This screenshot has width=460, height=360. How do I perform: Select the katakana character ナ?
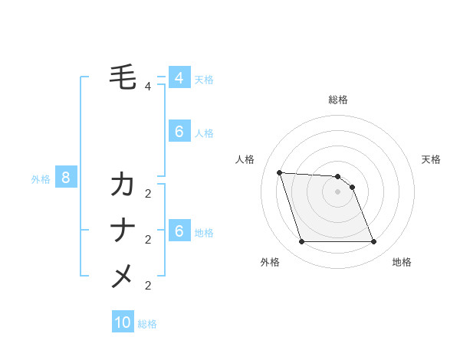[123, 231]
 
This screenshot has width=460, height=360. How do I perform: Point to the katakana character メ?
[123, 276]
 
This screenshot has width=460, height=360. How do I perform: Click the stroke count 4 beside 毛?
[148, 87]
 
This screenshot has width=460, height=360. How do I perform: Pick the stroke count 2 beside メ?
[148, 286]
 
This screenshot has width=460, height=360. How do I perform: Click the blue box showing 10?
[123, 322]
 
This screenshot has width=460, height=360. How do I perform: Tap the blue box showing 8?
[66, 178]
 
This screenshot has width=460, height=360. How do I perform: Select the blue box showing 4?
[179, 78]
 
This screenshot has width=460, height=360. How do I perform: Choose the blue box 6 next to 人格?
[179, 132]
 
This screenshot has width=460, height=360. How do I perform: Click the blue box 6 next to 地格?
[179, 231]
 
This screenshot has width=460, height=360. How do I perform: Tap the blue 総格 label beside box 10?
[147, 324]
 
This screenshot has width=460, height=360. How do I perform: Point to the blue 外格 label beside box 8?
[41, 179]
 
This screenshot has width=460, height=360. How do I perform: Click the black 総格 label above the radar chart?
[338, 100]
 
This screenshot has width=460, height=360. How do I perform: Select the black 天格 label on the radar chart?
[432, 159]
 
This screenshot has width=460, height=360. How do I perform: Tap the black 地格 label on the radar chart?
[402, 262]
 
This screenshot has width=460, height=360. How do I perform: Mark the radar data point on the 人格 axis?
[279, 172]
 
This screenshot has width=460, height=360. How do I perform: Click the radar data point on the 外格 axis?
[301, 242]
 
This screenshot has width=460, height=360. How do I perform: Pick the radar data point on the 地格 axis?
[374, 242]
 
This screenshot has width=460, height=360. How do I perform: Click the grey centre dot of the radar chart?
[338, 191]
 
